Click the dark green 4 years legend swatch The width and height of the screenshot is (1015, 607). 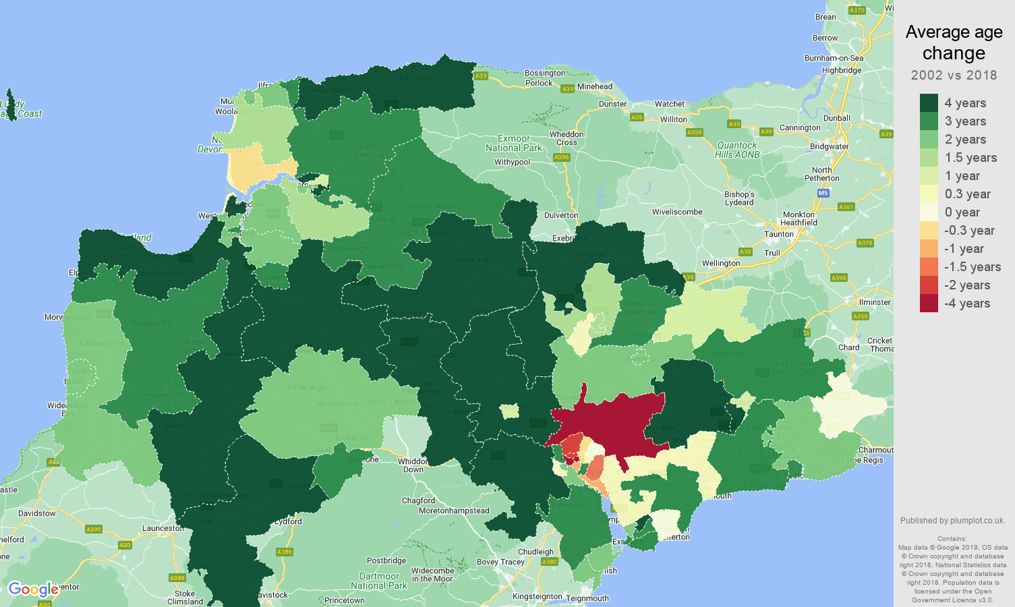[x=929, y=103]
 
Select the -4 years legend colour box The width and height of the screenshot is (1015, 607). [x=929, y=303]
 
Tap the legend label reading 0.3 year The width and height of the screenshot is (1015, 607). [x=967, y=194]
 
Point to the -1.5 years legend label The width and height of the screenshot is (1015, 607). [x=972, y=266]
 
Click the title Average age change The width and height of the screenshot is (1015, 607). [x=954, y=42]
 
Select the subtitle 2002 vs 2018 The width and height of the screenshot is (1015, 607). [x=954, y=75]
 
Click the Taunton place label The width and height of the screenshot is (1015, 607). [x=778, y=234]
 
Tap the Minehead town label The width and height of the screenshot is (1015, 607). [x=595, y=86]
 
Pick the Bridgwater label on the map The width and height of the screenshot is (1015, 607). [x=829, y=146]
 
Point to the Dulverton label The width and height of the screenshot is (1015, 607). [x=561, y=215]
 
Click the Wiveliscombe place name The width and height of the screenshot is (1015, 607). [x=677, y=212]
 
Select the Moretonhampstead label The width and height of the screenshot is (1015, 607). [x=454, y=511]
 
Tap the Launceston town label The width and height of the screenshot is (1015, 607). [x=163, y=528]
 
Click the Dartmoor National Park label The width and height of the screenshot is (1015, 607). [x=379, y=581]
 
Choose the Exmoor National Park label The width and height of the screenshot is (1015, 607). [x=514, y=143]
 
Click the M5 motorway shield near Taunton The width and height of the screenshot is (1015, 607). [x=823, y=193]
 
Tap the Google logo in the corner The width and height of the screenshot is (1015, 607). [x=33, y=589]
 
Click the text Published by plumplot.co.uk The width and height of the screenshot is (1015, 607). [x=952, y=520]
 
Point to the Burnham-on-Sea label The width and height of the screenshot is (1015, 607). [x=834, y=58]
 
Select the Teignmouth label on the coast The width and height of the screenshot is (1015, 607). [x=587, y=598]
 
